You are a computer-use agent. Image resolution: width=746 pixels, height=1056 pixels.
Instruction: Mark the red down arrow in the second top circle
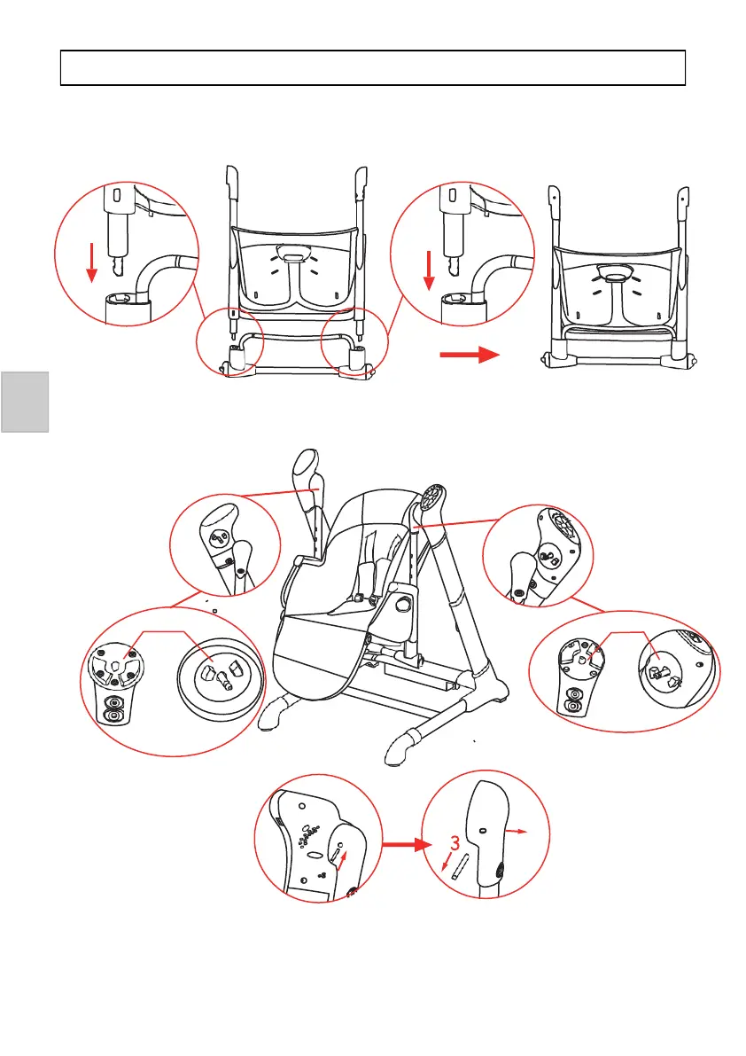[x=428, y=270]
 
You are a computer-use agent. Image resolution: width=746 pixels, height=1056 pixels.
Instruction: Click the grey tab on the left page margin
[x=24, y=402]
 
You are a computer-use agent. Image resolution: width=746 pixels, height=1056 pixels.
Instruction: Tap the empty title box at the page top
[x=373, y=67]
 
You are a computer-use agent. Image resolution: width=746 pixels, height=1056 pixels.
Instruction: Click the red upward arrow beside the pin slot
[x=344, y=856]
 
